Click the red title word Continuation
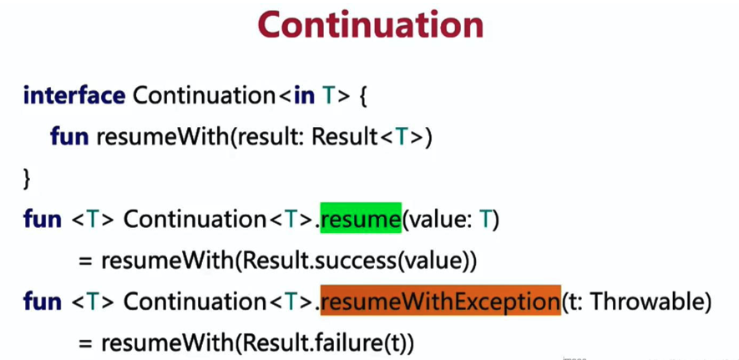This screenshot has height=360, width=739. pos(371,24)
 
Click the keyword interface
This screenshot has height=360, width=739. pos(74,96)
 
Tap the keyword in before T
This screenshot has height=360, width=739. pos(304,96)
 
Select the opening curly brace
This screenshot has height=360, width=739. pos(362,96)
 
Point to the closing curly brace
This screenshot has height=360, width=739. pos(27,179)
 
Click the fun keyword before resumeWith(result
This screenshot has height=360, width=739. pos(69,137)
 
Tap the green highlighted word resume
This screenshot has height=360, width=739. pos(361,218)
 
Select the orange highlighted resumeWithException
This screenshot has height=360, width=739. pos(441,300)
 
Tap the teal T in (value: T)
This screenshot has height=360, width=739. pos(485,220)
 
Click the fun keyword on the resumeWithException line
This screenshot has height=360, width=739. pos(43,302)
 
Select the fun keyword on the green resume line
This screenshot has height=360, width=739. pos(43,219)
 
